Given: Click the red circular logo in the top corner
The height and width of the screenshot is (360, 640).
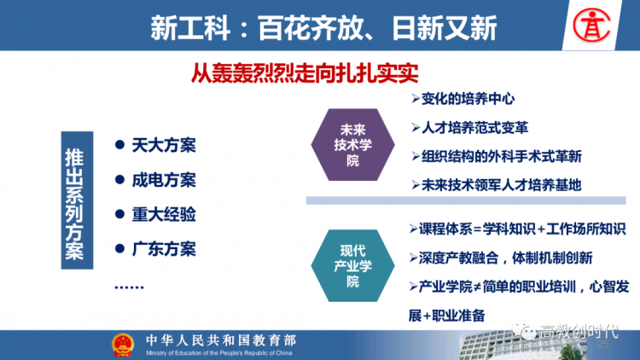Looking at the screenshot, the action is coord(591,26).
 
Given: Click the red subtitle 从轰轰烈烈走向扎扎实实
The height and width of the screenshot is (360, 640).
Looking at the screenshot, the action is coord(305,73).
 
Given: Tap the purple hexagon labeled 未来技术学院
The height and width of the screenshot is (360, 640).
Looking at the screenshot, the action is coord(352,145).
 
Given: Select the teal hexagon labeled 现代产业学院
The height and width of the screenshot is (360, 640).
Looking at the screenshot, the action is coord(352,265).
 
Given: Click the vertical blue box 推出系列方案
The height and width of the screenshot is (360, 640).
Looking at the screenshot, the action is coord(77,200).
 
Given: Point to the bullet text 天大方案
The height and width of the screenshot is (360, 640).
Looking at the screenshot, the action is coord(164,145).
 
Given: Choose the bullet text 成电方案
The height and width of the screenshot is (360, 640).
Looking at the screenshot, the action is coord(164,180).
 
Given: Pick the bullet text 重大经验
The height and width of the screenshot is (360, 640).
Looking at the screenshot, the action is coord(164,214).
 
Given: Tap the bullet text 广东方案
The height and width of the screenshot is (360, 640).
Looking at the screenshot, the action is coord(164,249).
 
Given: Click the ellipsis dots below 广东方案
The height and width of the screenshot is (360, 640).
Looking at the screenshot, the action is coord(129,287).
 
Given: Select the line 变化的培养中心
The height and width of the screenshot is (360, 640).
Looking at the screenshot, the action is coord(463,99).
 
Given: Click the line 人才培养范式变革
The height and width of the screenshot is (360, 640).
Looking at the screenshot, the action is coord(470,128).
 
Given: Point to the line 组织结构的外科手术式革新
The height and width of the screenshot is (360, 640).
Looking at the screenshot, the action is coord(497,156).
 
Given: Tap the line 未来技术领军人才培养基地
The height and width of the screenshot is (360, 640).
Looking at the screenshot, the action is coord(497,185).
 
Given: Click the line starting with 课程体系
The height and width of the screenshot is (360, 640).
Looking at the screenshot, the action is coord(517,229).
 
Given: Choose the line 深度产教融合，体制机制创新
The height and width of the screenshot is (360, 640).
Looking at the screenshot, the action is coord(501,258).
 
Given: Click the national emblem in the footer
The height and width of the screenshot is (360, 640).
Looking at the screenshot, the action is coord(123,345).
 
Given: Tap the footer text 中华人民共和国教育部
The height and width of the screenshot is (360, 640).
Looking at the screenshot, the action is coord(221,340).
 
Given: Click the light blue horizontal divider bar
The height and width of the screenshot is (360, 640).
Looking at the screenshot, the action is coord(466,200).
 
